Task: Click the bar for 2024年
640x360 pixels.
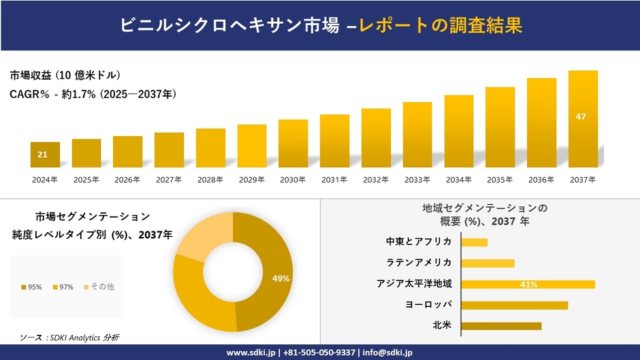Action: pos(45,154)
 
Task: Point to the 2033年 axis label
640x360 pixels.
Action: pos(417,180)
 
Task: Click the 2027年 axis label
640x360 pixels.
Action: pos(169,180)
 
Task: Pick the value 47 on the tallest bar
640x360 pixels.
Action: pos(581,116)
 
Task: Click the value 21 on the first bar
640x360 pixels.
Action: pos(42,155)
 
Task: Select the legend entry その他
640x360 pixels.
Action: pos(99,287)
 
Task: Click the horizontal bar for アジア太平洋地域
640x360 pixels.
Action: pos(528,284)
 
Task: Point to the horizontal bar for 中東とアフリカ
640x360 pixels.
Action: pos(474,242)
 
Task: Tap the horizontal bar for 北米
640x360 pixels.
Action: pos(501,325)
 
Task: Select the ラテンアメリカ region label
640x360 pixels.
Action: pos(419,263)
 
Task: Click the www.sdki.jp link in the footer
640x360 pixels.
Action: pos(251,353)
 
